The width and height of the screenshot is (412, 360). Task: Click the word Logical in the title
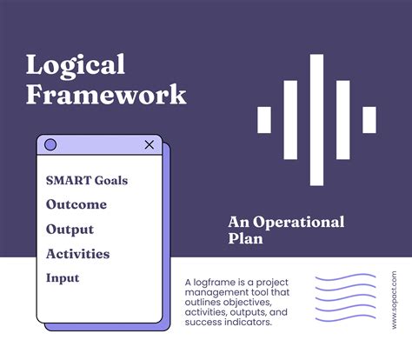(76, 64)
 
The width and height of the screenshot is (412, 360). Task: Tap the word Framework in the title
(106, 94)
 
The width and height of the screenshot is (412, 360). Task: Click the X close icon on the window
(150, 144)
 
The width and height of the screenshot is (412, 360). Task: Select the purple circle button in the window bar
(50, 144)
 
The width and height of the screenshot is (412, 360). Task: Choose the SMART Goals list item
(86, 181)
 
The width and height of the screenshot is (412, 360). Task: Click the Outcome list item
(76, 205)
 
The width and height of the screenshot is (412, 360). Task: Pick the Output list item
(71, 230)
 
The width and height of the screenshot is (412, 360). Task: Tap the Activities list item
(77, 254)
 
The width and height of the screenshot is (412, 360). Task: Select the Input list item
(63, 278)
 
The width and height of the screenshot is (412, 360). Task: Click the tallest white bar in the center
(316, 120)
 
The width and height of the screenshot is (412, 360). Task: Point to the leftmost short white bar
(264, 120)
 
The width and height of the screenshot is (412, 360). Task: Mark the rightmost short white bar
(369, 120)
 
